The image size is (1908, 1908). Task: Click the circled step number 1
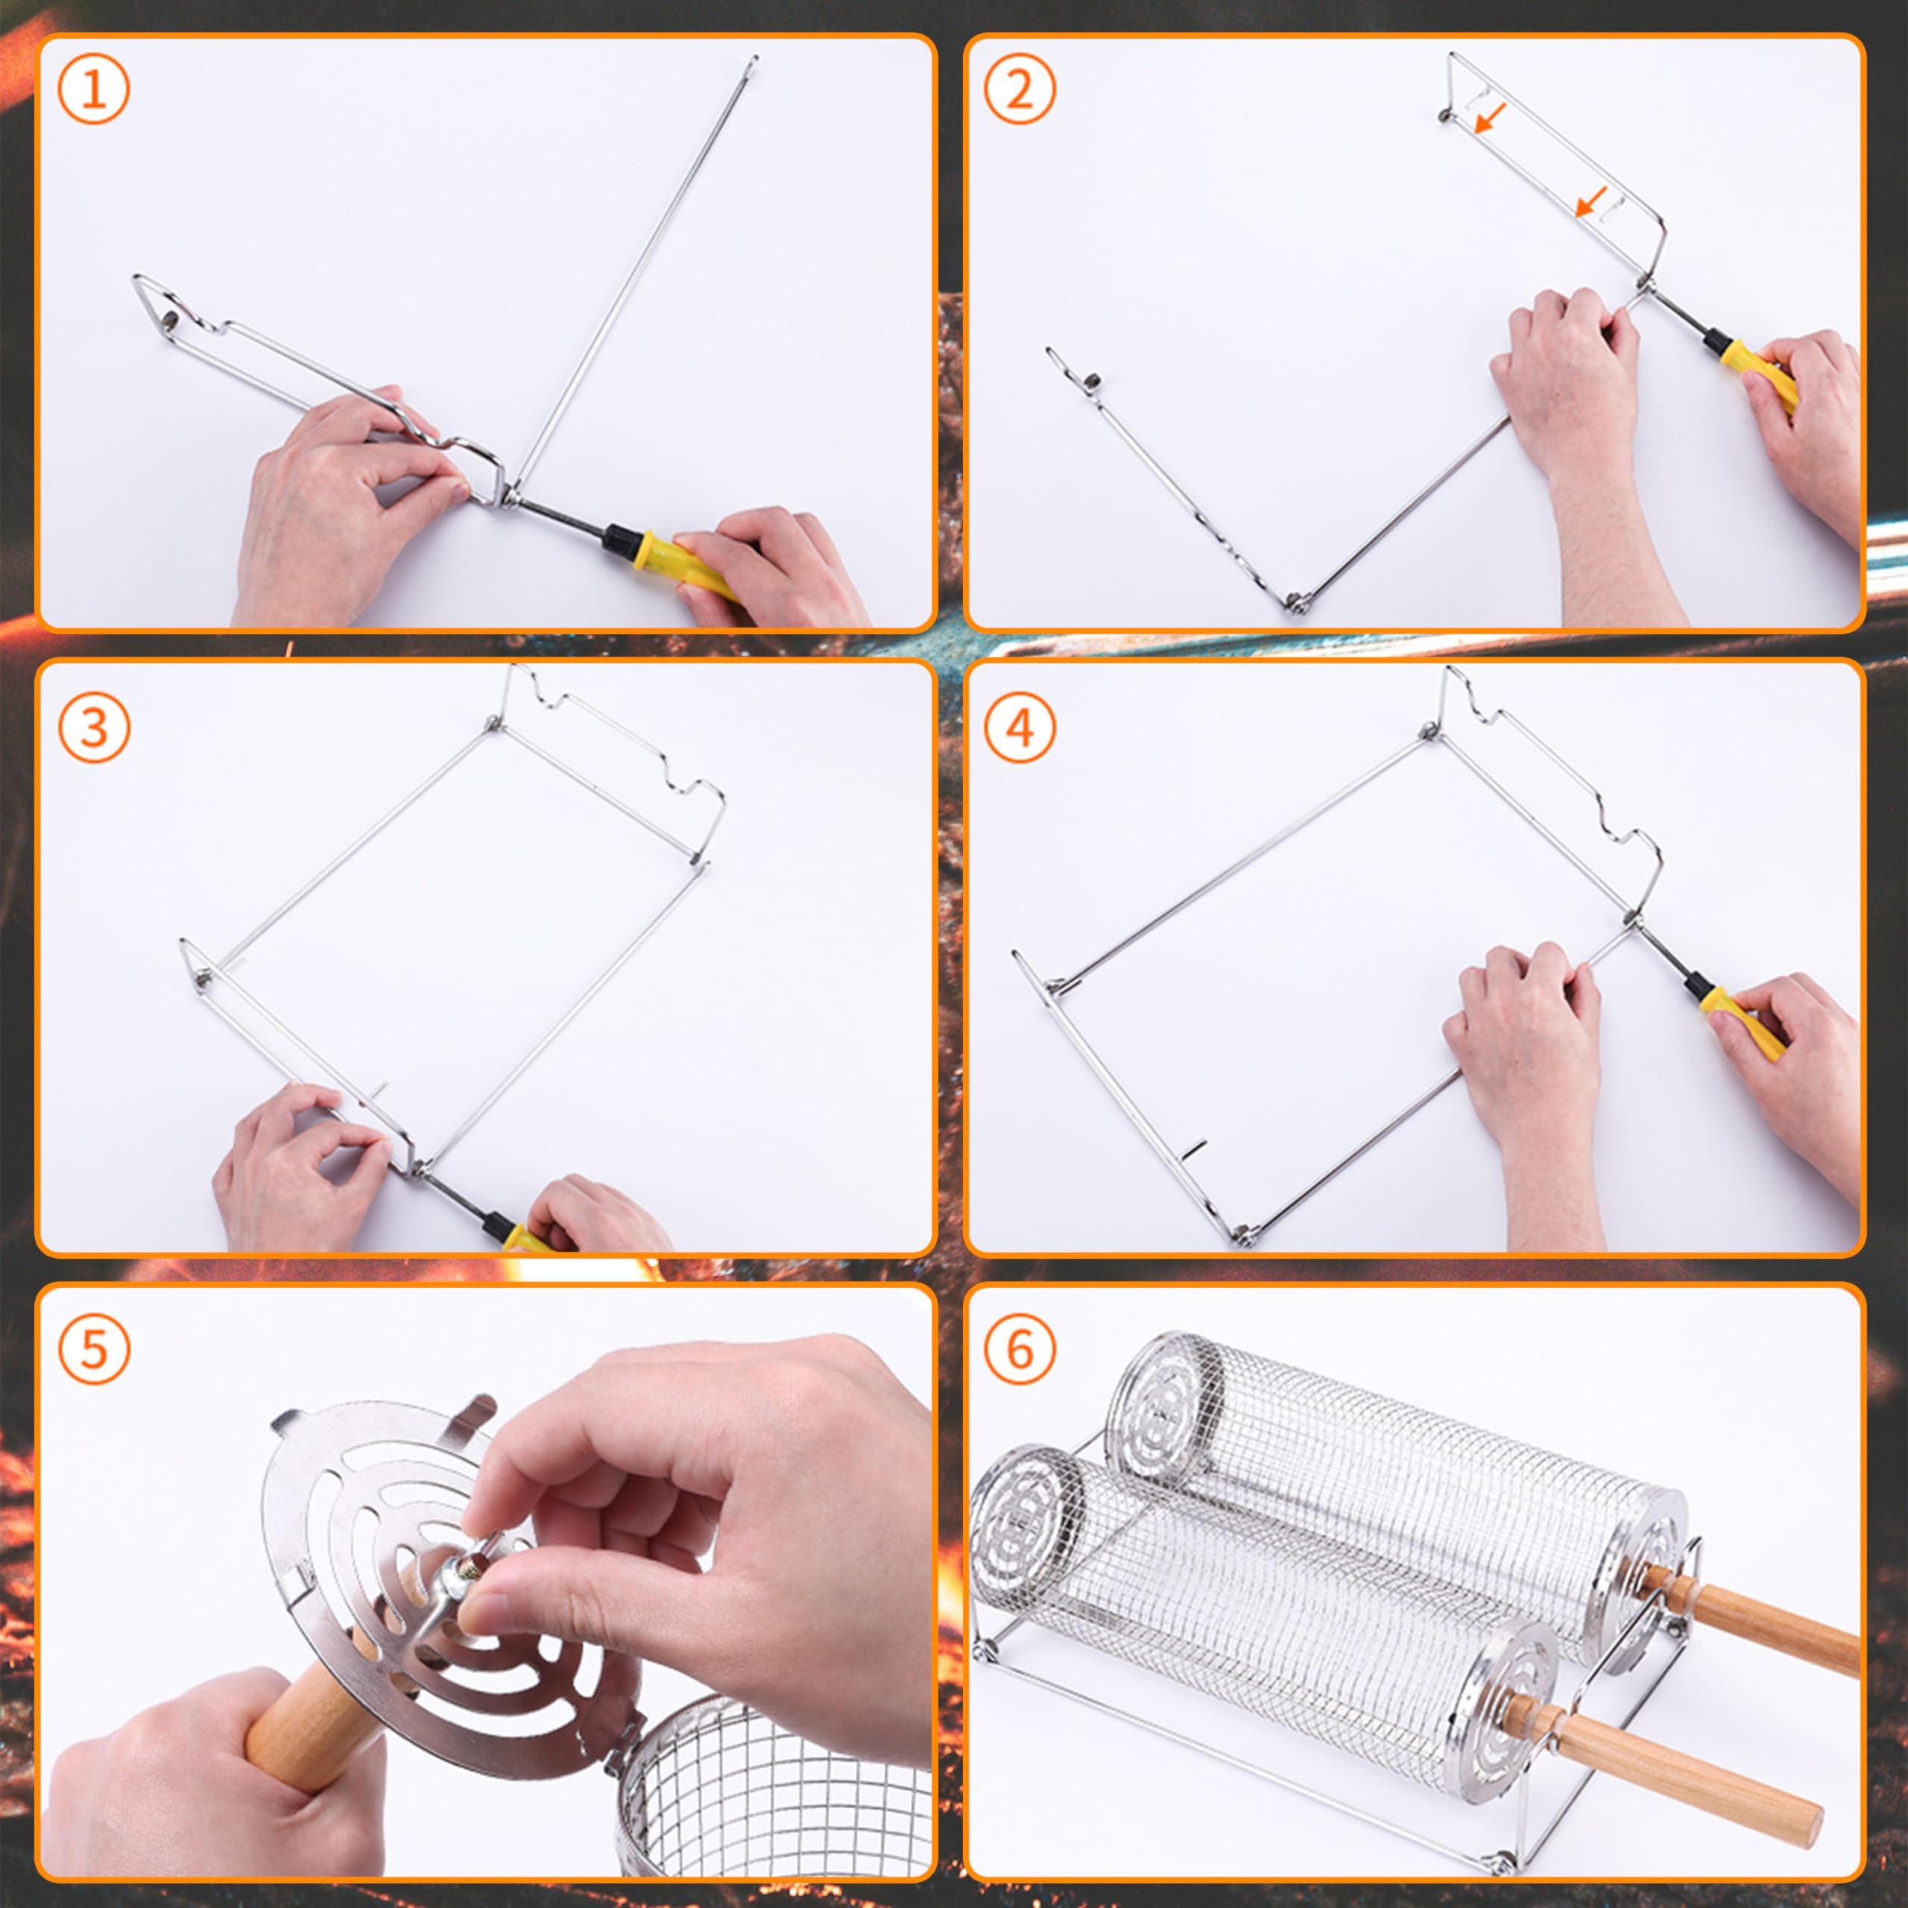(x=94, y=90)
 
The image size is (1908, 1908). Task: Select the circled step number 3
(x=94, y=728)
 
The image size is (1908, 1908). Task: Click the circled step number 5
(x=94, y=1349)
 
